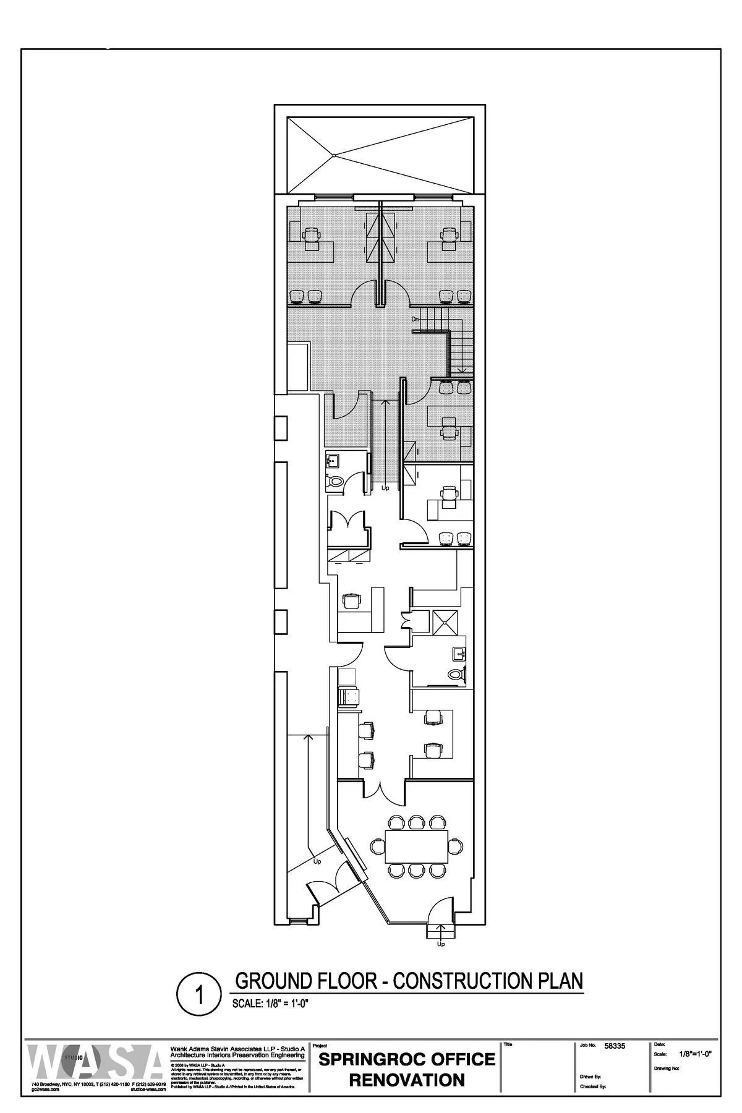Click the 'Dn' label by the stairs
[x=416, y=319]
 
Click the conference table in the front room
[x=417, y=846]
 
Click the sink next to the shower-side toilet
[x=458, y=653]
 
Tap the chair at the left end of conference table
[x=375, y=846]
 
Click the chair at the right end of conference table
[x=458, y=846]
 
